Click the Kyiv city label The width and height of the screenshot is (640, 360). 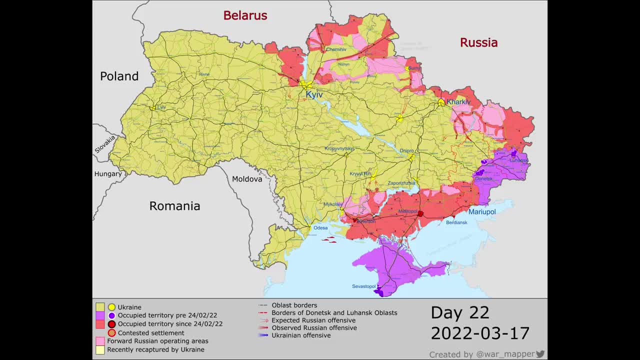click(314, 94)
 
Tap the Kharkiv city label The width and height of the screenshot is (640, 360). click(458, 102)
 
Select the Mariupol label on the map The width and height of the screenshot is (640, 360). click(482, 212)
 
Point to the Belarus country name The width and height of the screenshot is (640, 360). click(245, 15)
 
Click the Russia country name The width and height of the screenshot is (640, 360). click(478, 42)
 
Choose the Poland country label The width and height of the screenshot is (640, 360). click(119, 76)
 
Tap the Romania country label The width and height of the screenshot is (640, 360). click(174, 205)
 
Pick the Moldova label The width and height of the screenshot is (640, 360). click(247, 179)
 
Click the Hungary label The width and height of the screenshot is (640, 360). click(108, 174)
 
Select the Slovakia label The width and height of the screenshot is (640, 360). click(105, 144)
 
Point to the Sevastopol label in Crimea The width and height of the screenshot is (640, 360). click(363, 286)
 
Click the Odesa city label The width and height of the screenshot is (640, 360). click(320, 228)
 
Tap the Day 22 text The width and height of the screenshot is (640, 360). click(459, 312)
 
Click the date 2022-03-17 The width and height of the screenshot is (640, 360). click(479, 333)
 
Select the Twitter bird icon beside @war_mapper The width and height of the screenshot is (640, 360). click(540, 354)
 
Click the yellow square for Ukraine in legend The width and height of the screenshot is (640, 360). click(100, 307)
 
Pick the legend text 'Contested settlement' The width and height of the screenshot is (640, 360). click(151, 333)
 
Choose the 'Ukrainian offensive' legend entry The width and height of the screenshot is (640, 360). click(301, 335)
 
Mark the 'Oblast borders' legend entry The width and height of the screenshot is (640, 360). click(294, 305)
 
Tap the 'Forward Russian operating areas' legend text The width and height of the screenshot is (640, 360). click(157, 341)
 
